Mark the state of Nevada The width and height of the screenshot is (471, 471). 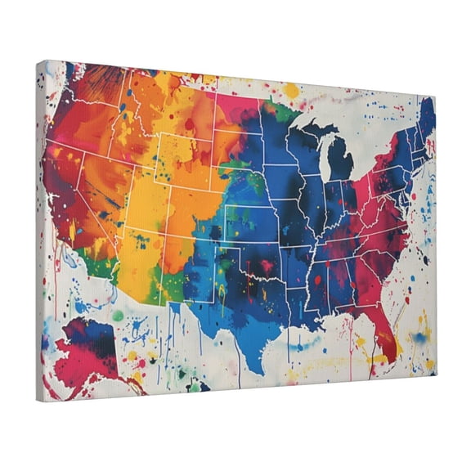point(96,188)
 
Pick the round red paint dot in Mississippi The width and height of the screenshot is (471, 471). point(317,280)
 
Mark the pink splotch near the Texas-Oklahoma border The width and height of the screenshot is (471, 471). point(265,266)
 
